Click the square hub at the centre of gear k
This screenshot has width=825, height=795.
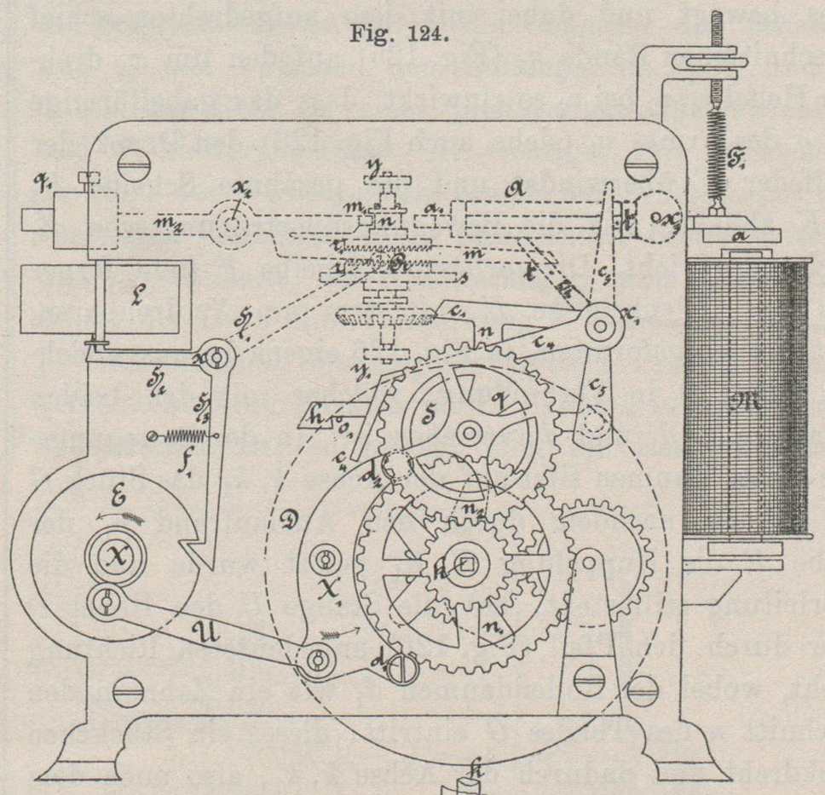pyautogui.click(x=468, y=562)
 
